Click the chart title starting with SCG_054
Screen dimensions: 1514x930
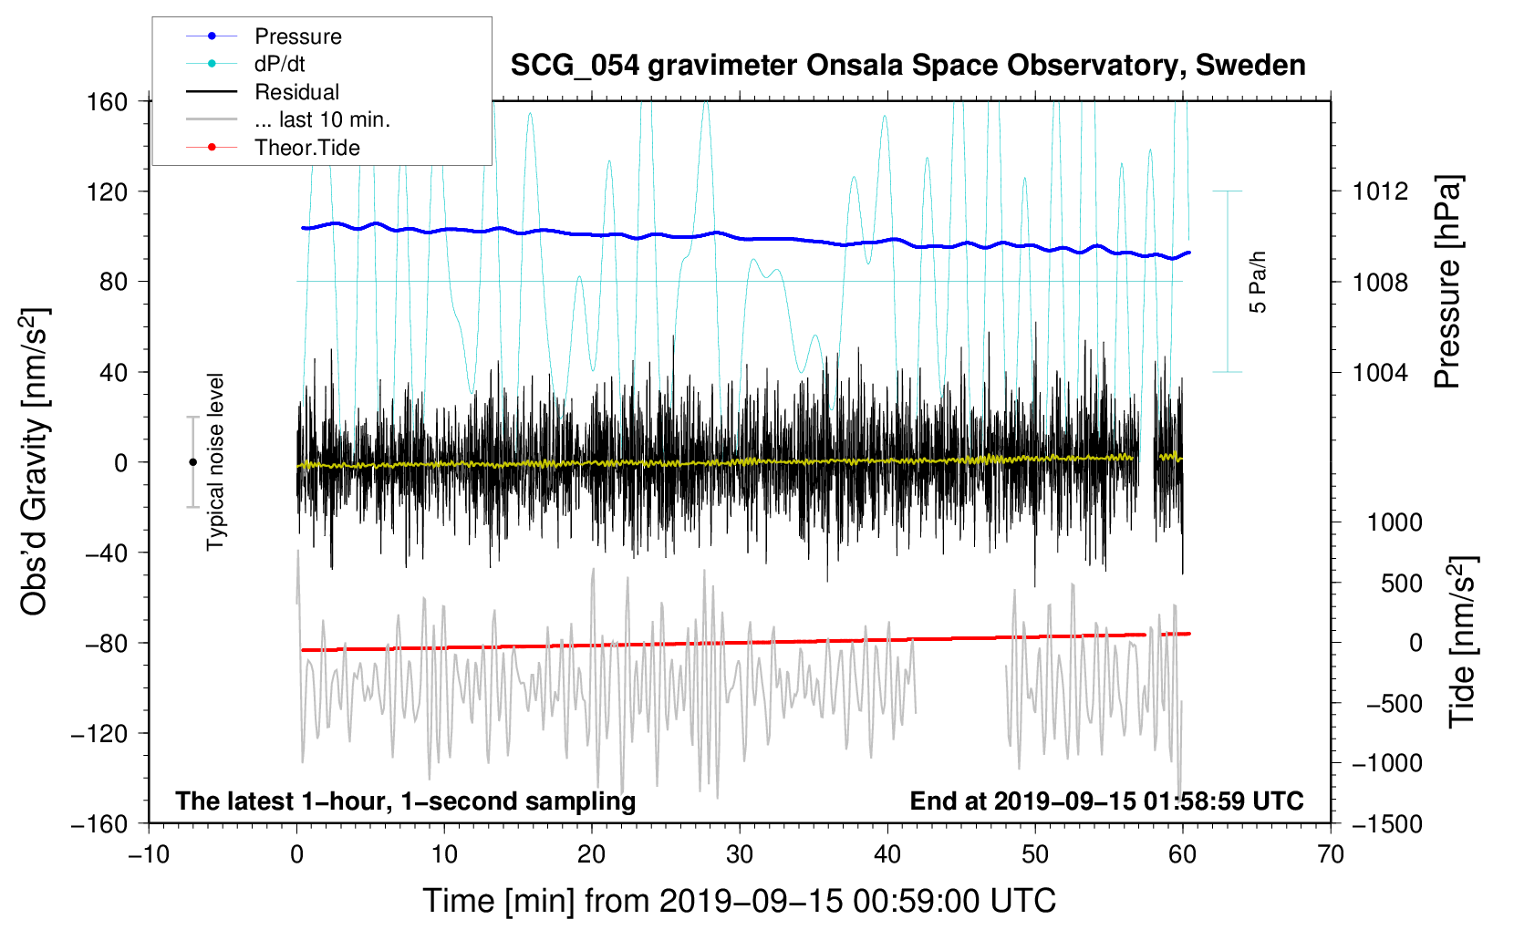pyautogui.click(x=907, y=66)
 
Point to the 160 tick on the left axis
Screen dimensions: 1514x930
pyautogui.click(x=108, y=102)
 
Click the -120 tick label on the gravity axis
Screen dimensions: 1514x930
pyautogui.click(x=99, y=734)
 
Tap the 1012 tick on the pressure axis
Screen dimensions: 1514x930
pyautogui.click(x=1380, y=191)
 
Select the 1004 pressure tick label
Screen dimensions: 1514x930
pyautogui.click(x=1380, y=372)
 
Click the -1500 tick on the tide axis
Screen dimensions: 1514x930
pyautogui.click(x=1387, y=824)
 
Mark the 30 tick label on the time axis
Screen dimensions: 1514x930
pyautogui.click(x=740, y=855)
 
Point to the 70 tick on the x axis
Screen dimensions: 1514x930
pyautogui.click(x=1330, y=855)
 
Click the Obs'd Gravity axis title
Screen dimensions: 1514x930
pyautogui.click(x=34, y=461)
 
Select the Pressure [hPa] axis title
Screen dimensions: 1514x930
pyautogui.click(x=1447, y=283)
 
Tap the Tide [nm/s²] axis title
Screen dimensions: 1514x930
pyautogui.click(x=1463, y=643)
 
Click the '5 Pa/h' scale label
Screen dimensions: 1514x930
pyautogui.click(x=1258, y=283)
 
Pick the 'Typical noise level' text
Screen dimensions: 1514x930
pyautogui.click(x=215, y=462)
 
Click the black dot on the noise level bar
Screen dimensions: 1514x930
pyautogui.click(x=192, y=462)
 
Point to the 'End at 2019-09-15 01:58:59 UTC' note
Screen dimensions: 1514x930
pyautogui.click(x=1106, y=801)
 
